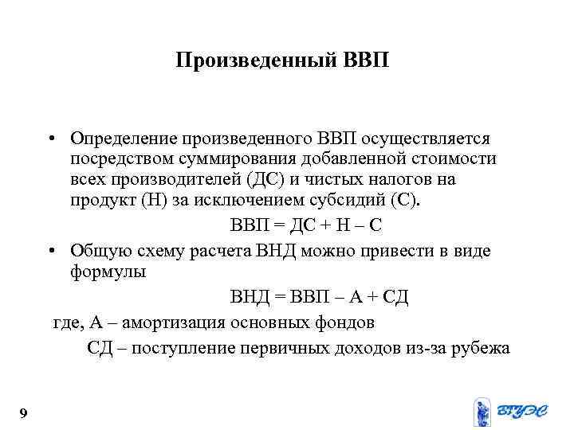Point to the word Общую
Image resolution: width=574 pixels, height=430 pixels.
pyautogui.click(x=93, y=251)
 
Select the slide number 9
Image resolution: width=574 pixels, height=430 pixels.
pyautogui.click(x=23, y=412)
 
